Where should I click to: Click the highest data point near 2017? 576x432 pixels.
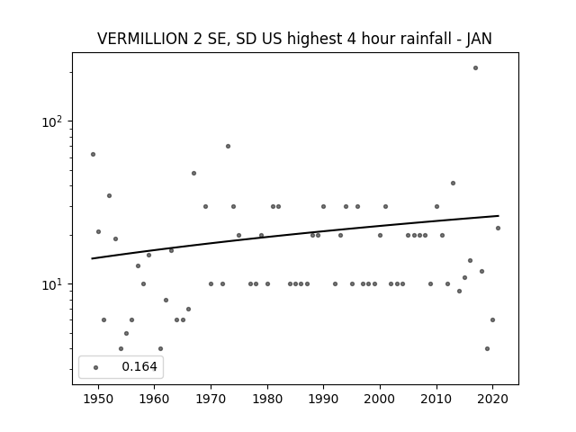click(475, 68)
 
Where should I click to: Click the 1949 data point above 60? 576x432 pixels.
click(93, 154)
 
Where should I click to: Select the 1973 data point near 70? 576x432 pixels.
click(228, 146)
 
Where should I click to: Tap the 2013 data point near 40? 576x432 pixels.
click(453, 183)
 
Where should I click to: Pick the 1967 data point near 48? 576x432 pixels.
click(194, 173)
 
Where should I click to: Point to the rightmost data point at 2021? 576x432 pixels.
click(498, 228)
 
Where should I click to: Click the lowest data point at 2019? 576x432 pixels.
click(487, 348)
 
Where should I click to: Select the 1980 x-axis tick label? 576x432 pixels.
click(267, 399)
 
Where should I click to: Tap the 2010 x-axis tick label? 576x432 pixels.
click(436, 399)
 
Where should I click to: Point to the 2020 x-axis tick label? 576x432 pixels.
click(492, 399)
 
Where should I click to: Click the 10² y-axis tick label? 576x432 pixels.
click(52, 121)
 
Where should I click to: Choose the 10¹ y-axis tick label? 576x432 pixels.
click(52, 284)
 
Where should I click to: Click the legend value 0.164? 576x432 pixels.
click(139, 366)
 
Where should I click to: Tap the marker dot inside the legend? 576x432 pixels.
click(96, 367)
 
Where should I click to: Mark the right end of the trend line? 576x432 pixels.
click(499, 216)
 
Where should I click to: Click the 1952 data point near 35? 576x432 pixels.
click(109, 196)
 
